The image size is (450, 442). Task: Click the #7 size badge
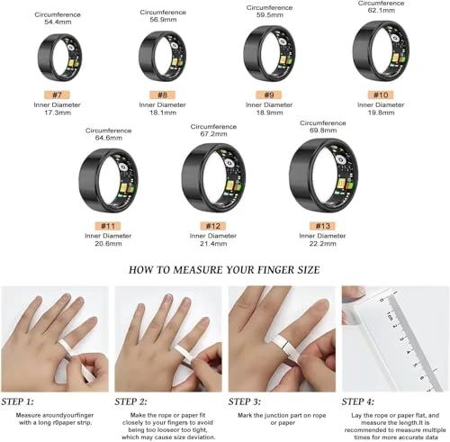57,94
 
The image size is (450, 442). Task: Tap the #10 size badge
380,95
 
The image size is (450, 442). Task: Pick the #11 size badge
108,224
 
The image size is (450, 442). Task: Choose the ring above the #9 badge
271,55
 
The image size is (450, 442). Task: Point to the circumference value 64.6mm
108,139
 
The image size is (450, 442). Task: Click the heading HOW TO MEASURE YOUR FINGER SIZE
225,269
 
